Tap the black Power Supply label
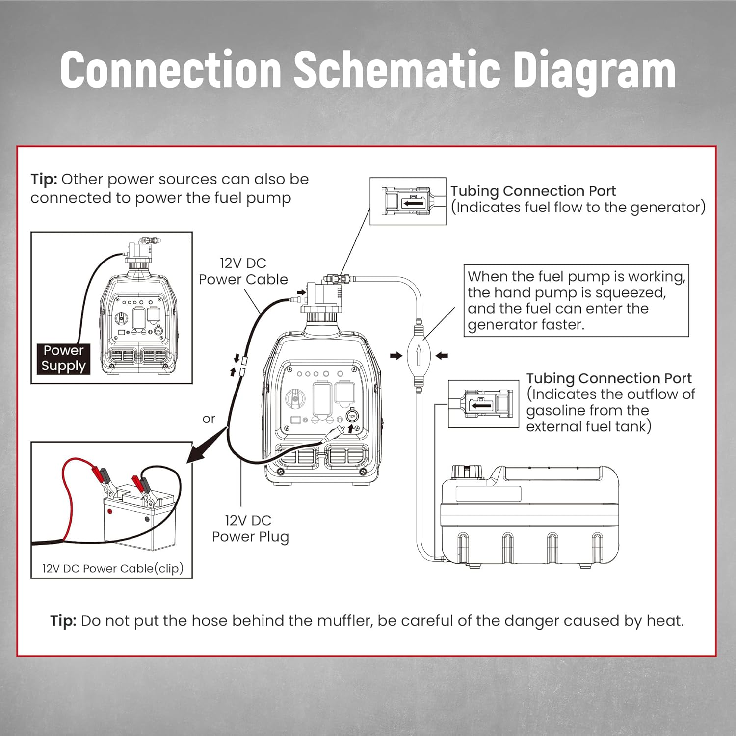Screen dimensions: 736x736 point(63,358)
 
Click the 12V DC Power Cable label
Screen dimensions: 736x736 point(243,271)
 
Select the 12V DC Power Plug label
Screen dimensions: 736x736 point(250,528)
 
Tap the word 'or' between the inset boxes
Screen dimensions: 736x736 point(209,419)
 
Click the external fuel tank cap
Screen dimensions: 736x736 point(466,472)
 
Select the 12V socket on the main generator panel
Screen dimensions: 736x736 point(352,416)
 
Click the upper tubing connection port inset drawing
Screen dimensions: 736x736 point(408,202)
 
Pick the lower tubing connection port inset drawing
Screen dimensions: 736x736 point(483,404)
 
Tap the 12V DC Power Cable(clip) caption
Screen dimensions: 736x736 point(112,568)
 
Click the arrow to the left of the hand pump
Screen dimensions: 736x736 point(396,356)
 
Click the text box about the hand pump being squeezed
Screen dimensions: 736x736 point(576,300)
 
